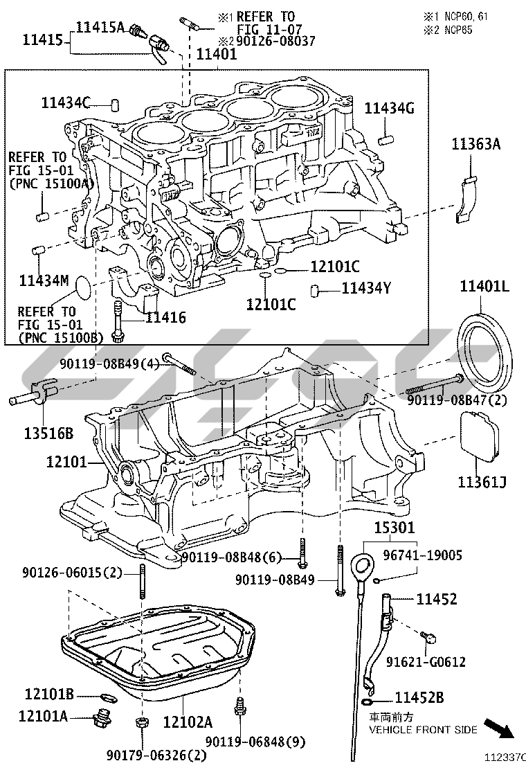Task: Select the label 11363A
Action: [475, 145]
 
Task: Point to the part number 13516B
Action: [40, 433]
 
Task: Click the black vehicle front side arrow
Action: [498, 728]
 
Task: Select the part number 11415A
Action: [100, 28]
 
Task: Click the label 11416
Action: [165, 317]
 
